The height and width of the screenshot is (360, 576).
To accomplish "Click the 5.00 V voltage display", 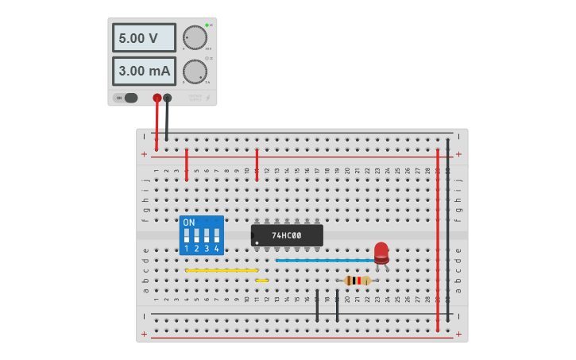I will pos(144,37).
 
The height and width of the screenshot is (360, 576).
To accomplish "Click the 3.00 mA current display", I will pos(144,71).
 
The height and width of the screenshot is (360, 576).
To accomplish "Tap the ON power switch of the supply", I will pos(126,98).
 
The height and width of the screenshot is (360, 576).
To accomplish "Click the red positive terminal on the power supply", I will pos(157,98).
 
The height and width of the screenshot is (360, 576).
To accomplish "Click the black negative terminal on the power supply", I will pos(167,98).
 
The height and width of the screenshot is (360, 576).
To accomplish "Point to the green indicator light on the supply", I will pos(207,25).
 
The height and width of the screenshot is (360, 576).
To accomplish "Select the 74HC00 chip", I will pos(287,235).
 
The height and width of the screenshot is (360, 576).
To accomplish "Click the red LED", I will pos(381,252).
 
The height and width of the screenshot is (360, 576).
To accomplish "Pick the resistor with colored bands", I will pos(358,280).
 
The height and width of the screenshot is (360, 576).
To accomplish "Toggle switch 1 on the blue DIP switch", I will pos(187,237).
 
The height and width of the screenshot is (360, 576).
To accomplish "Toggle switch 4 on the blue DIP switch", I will pos(216,237).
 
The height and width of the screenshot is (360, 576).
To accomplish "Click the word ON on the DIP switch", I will pos(189,223).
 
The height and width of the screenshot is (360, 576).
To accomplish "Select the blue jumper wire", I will pos(326,260).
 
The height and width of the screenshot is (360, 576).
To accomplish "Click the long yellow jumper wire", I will pos(222,270).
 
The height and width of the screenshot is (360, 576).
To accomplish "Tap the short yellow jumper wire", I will pos(261,280).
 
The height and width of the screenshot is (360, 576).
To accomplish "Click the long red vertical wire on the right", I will pos(438,238).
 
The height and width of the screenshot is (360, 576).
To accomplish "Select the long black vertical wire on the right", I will pos(448,230).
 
